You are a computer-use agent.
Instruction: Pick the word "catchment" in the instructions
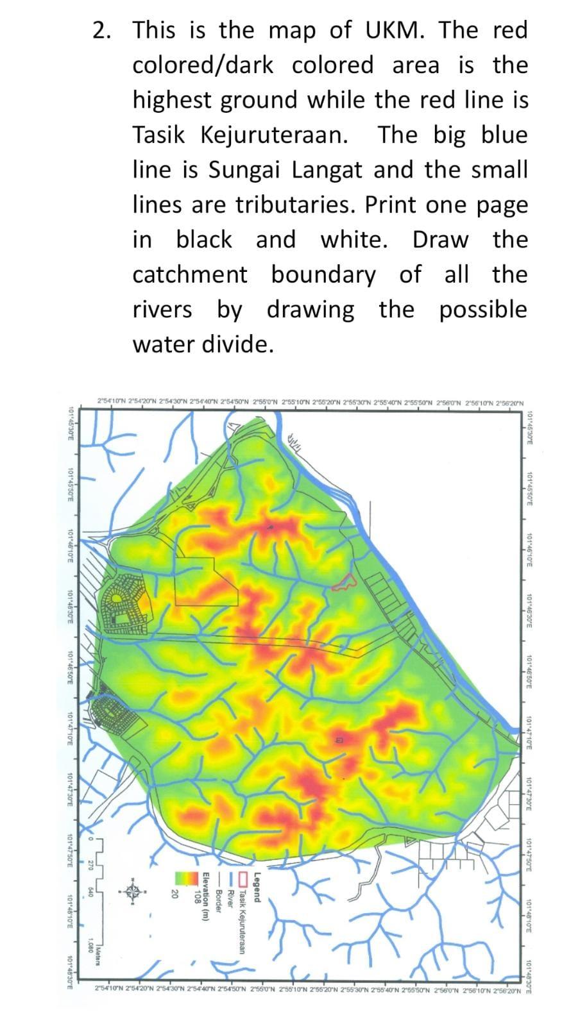(x=189, y=274)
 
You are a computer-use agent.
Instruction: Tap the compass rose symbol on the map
(x=133, y=891)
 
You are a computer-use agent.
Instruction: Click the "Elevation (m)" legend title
(x=207, y=898)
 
